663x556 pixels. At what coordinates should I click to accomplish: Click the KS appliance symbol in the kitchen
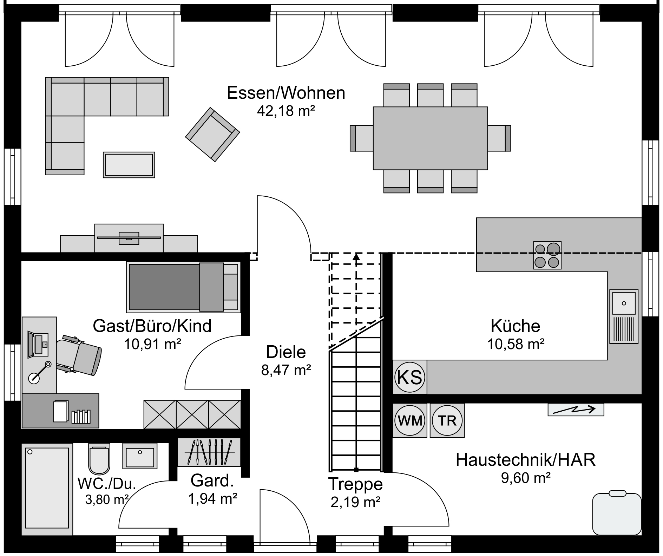point(410,377)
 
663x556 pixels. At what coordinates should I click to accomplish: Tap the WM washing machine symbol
point(410,420)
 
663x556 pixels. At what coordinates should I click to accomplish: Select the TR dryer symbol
point(447,420)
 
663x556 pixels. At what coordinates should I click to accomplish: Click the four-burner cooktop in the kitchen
point(547,255)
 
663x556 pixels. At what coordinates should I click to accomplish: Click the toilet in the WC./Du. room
point(99,458)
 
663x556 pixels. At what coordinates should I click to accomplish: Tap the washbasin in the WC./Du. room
point(140,456)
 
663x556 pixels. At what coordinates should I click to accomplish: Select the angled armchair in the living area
point(212,135)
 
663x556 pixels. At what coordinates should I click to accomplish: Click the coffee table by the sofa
point(129,165)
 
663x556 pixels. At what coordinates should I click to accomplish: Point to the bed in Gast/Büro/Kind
point(183,287)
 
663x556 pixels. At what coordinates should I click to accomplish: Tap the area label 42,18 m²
point(286,111)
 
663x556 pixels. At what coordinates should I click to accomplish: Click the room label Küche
point(515,326)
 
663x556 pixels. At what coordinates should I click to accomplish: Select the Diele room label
point(286,352)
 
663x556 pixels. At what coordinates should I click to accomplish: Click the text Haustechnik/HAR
point(526,460)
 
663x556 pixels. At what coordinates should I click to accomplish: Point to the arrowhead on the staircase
point(356,256)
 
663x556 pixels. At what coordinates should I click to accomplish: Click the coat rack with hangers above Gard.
point(209,452)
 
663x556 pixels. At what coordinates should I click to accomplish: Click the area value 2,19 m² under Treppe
point(355,502)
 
